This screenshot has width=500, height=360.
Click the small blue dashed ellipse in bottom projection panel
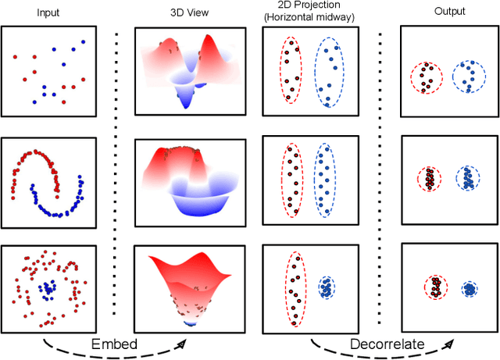[325, 288]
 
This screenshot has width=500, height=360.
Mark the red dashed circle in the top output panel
[426, 77]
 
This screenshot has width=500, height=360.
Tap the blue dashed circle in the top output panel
[470, 77]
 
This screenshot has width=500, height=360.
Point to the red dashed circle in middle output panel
[429, 179]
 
